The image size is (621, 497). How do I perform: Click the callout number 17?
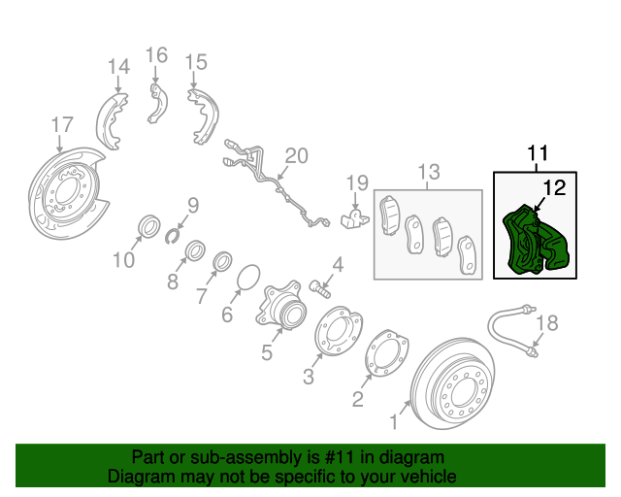pyautogui.click(x=61, y=124)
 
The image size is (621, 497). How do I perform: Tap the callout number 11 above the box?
pyautogui.click(x=537, y=153)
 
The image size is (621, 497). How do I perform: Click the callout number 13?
pyautogui.click(x=428, y=173)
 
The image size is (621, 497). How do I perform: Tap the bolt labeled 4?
pyautogui.click(x=321, y=285)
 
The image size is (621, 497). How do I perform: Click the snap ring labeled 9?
pyautogui.click(x=176, y=231)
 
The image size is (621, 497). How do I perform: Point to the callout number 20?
pyautogui.click(x=296, y=156)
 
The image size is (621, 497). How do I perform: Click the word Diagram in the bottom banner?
pyautogui.click(x=139, y=477)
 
